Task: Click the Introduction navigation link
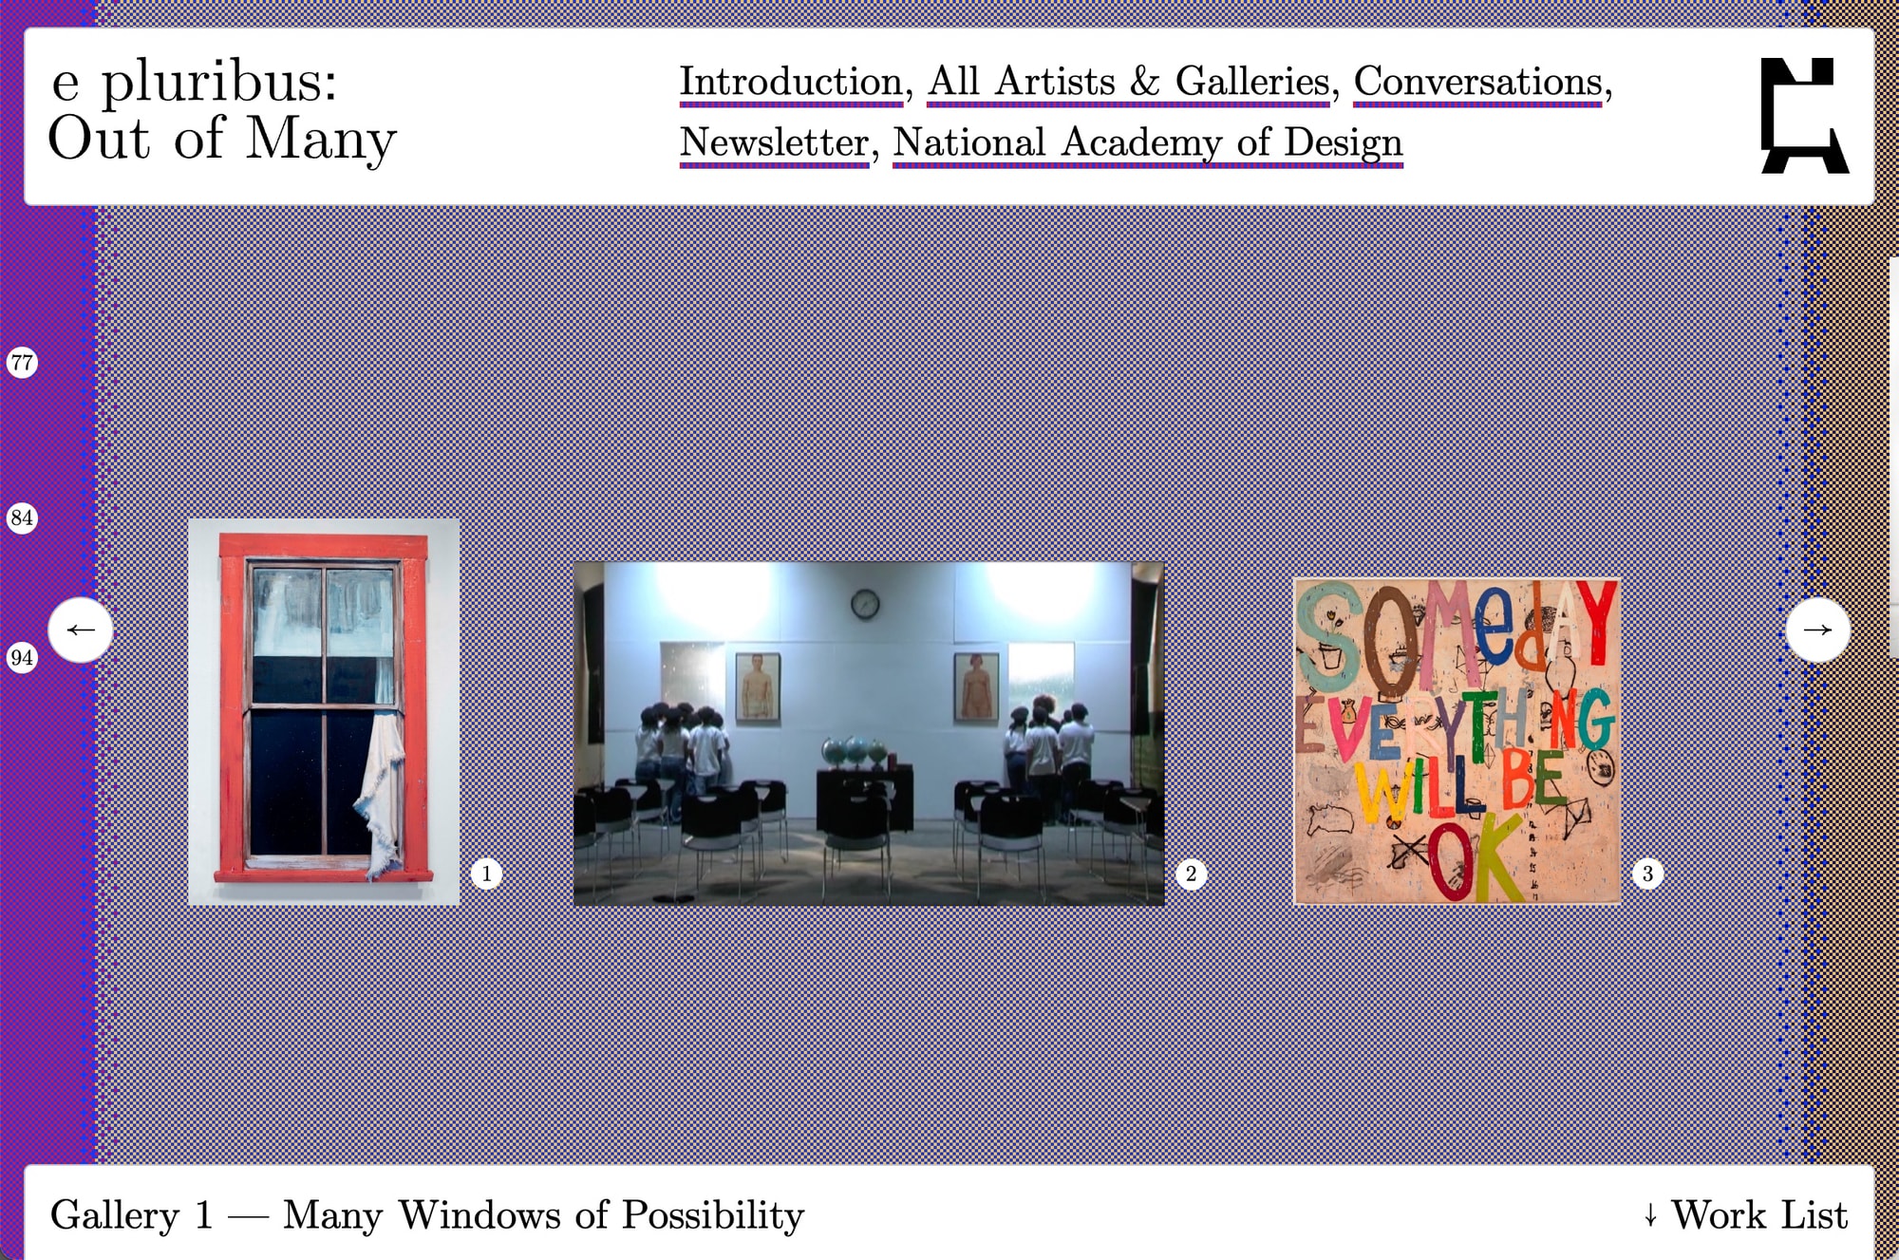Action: [x=790, y=82]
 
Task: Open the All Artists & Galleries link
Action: [x=1129, y=82]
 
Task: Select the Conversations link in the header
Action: [x=1478, y=82]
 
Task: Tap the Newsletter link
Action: [x=774, y=142]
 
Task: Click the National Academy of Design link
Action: [x=1148, y=142]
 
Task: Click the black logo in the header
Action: [x=1804, y=116]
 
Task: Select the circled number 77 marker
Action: [x=22, y=362]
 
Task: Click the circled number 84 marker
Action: [x=22, y=517]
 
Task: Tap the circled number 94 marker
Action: [x=22, y=657]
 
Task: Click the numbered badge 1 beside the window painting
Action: [x=487, y=874]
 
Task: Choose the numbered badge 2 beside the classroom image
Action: [x=1192, y=874]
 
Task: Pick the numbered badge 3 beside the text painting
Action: [x=1648, y=874]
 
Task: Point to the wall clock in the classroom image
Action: [x=864, y=603]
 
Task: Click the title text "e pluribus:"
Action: [x=194, y=82]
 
